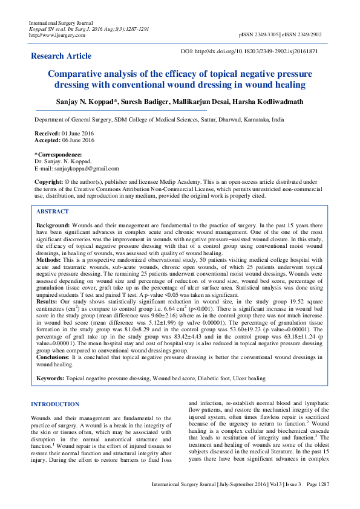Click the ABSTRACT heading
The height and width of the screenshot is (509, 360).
click(53, 212)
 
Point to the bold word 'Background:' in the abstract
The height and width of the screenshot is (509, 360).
click(53, 225)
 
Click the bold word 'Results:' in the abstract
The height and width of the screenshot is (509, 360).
click(47, 300)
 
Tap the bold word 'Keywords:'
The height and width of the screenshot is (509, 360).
click(51, 378)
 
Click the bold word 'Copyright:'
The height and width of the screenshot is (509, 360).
click(48, 181)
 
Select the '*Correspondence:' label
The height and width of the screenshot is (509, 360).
click(57, 155)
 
